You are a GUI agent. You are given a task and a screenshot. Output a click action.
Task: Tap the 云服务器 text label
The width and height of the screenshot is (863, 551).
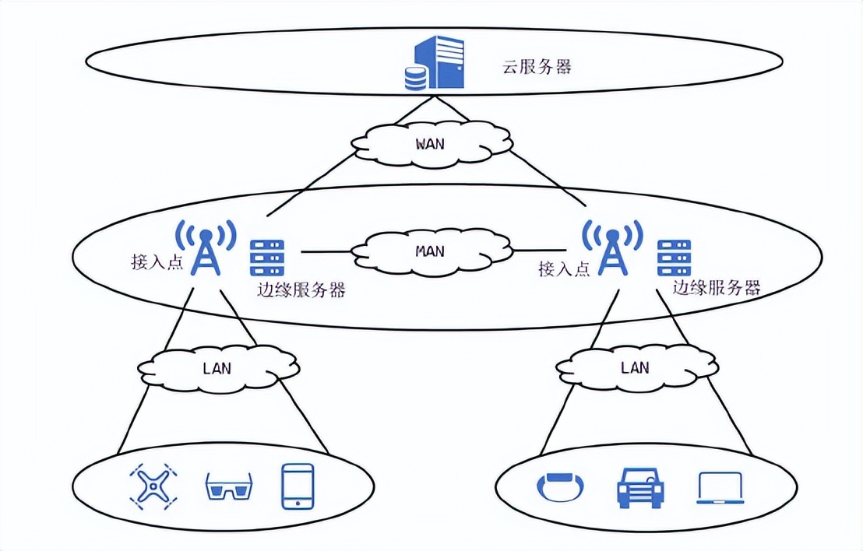(x=537, y=66)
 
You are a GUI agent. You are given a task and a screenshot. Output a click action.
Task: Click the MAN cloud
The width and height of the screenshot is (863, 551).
(x=431, y=251)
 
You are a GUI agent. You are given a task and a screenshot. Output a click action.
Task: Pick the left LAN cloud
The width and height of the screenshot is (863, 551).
(x=217, y=368)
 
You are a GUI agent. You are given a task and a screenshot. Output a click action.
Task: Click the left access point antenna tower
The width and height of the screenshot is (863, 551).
(x=205, y=247)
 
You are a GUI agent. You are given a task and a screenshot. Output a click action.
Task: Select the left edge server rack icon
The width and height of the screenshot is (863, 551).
(x=267, y=257)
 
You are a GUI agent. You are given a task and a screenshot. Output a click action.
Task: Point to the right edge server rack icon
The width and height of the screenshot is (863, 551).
(x=675, y=257)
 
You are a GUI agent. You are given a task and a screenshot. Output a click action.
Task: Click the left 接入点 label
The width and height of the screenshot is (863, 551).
(x=157, y=262)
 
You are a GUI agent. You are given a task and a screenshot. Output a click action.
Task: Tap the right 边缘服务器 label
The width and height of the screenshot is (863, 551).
(x=717, y=288)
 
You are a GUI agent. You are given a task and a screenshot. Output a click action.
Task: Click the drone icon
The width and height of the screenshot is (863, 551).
(x=152, y=486)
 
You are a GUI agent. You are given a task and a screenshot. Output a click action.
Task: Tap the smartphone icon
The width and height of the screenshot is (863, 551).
(x=298, y=486)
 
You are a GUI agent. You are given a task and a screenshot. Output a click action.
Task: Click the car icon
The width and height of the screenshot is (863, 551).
(x=640, y=487)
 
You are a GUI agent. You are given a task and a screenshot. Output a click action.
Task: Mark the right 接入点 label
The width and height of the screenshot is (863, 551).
(x=564, y=269)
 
